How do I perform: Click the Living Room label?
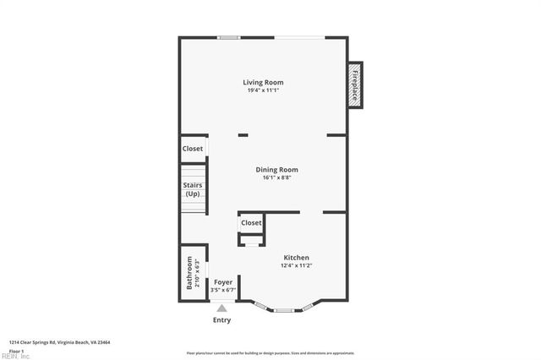(263, 82)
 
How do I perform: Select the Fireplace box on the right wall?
(355, 85)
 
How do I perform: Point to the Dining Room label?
(276, 170)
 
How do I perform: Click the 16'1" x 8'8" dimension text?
(276, 177)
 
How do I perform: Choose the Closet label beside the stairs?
(193, 149)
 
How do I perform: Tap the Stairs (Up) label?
(193, 190)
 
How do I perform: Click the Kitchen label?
(296, 258)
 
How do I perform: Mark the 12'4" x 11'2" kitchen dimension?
(296, 265)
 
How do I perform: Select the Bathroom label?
(189, 274)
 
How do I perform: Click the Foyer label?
(223, 282)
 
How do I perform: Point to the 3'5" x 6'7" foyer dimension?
(223, 290)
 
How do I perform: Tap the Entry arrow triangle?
(221, 308)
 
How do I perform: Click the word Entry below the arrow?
(221, 320)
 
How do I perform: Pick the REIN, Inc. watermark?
(14, 356)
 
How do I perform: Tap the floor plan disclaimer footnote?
(270, 353)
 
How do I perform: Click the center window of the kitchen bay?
(283, 310)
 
